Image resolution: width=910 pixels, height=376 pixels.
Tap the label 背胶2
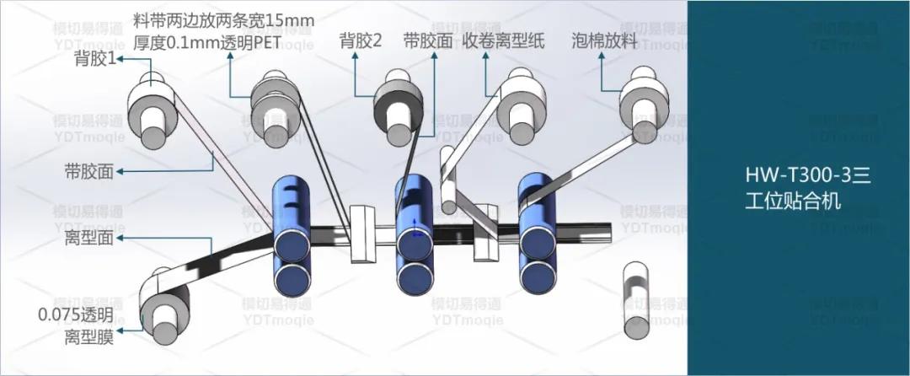point(361,40)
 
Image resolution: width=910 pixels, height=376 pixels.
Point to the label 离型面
point(89,239)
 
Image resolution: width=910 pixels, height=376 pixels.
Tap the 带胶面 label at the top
point(428,40)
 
